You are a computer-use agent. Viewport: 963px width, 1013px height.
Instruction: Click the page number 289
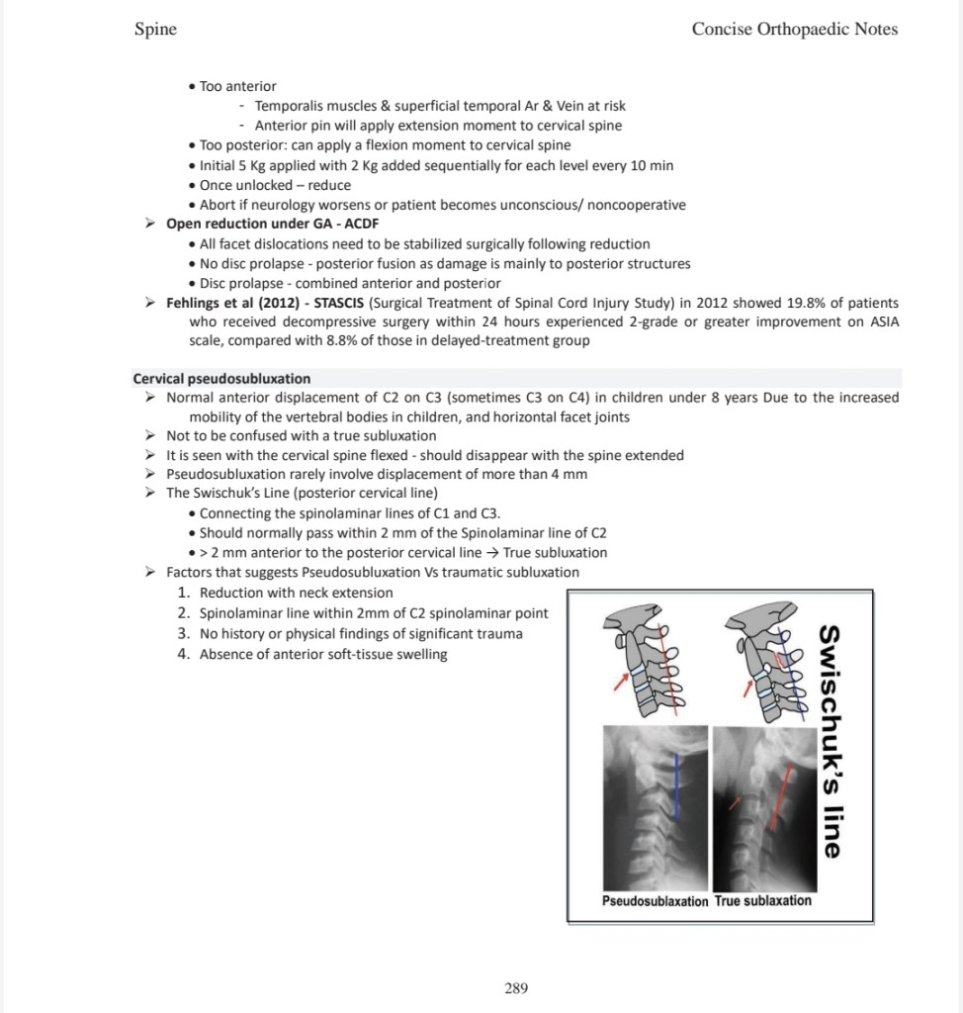516,987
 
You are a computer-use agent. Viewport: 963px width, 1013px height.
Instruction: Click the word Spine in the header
155,29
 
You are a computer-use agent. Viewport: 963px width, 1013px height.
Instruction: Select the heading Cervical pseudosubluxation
221,378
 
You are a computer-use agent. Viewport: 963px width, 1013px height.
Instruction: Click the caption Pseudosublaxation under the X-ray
656,901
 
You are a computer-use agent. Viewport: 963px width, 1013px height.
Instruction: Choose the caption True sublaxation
763,901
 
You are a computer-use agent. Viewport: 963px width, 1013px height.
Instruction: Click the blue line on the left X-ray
677,791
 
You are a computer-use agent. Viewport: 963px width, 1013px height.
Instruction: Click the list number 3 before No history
183,633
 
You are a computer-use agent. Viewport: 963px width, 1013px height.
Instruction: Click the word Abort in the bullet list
219,205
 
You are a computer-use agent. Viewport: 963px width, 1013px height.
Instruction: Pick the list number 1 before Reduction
183,593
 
